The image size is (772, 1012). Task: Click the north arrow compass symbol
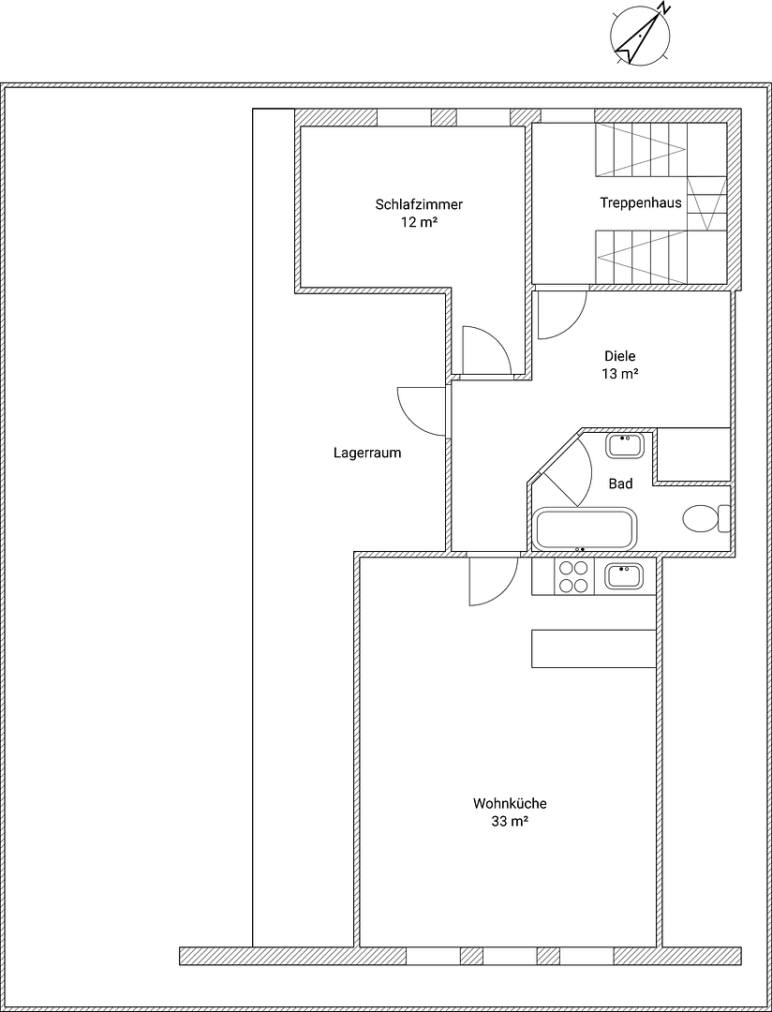(640, 35)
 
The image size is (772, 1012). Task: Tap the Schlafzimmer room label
(419, 204)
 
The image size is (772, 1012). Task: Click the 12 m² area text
(419, 223)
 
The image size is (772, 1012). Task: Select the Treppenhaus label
(641, 202)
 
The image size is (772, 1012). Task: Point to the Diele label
(619, 356)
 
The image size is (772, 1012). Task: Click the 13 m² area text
(619, 374)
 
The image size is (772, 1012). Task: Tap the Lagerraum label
(367, 453)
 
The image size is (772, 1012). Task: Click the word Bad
(620, 484)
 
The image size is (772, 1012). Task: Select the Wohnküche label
(510, 804)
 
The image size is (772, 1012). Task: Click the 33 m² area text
(510, 822)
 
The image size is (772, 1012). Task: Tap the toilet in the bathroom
(704, 518)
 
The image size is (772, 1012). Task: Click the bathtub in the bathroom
(585, 529)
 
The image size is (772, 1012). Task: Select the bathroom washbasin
(625, 444)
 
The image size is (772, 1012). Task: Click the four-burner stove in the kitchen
(572, 576)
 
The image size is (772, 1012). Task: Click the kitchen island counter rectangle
(593, 648)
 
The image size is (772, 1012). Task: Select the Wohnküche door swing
(491, 579)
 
